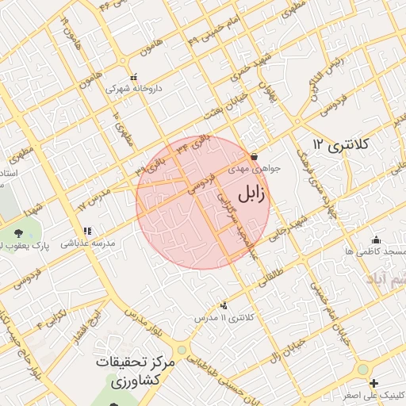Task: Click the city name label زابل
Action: (x=251, y=192)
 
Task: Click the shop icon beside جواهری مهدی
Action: (x=254, y=156)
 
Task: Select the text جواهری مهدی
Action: (x=250, y=169)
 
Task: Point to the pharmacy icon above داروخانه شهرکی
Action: (x=132, y=78)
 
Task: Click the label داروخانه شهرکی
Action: (x=135, y=90)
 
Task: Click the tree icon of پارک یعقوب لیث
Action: (x=20, y=232)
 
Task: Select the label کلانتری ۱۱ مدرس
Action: (x=228, y=318)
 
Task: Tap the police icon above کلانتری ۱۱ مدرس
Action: (x=224, y=305)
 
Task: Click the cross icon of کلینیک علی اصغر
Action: (x=373, y=384)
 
